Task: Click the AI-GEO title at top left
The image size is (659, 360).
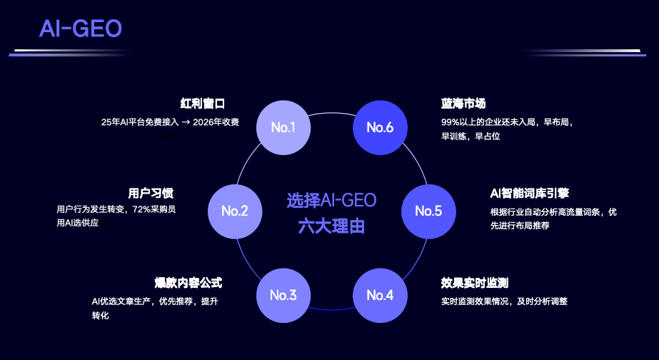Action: click(x=81, y=29)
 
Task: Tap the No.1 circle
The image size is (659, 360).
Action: click(x=283, y=128)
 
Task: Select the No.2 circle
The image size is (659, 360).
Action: click(x=235, y=211)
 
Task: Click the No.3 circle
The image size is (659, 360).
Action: click(x=283, y=294)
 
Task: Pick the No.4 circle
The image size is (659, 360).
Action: click(x=381, y=294)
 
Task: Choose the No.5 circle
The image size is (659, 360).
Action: click(x=428, y=211)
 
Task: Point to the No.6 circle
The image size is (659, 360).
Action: click(x=381, y=128)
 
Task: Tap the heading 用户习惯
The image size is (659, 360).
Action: click(x=151, y=193)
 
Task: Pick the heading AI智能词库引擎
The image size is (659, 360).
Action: click(x=529, y=193)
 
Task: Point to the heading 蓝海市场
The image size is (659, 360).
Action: click(x=463, y=104)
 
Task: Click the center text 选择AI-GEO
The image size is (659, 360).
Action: click(x=331, y=200)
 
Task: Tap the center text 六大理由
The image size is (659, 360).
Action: click(x=331, y=226)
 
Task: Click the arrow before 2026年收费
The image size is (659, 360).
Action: click(x=186, y=122)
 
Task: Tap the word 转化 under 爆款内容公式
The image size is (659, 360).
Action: click(x=100, y=315)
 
